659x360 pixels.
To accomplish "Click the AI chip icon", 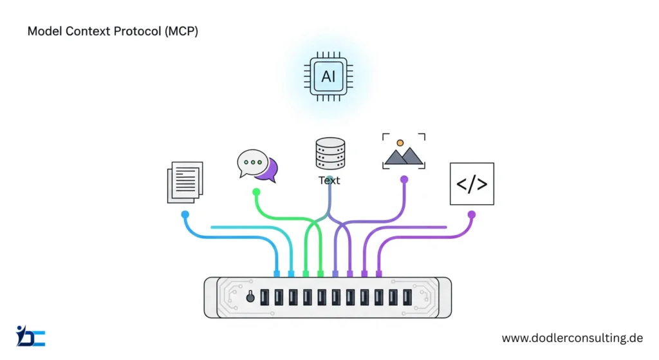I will coord(329,77).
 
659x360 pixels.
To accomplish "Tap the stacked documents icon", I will coord(185,182).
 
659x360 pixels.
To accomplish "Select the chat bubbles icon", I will coord(257,166).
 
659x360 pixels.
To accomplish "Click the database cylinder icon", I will coord(329,154).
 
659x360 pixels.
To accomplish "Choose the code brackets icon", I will coord(472,184).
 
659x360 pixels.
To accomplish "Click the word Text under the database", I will coord(329,180).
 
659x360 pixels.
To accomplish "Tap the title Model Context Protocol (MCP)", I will coord(113,31).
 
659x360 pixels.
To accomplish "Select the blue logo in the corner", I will coord(30,336).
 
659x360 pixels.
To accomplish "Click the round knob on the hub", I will coord(250,296).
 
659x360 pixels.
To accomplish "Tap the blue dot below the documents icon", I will coord(185,214).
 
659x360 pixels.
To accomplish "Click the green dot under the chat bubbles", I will coord(256,192).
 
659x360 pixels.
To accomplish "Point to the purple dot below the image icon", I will coord(404,180).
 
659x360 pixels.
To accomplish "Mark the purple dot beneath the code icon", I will coord(472,214).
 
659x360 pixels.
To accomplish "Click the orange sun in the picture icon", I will coord(400,142).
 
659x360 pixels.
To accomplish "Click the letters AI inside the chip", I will coord(329,77).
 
